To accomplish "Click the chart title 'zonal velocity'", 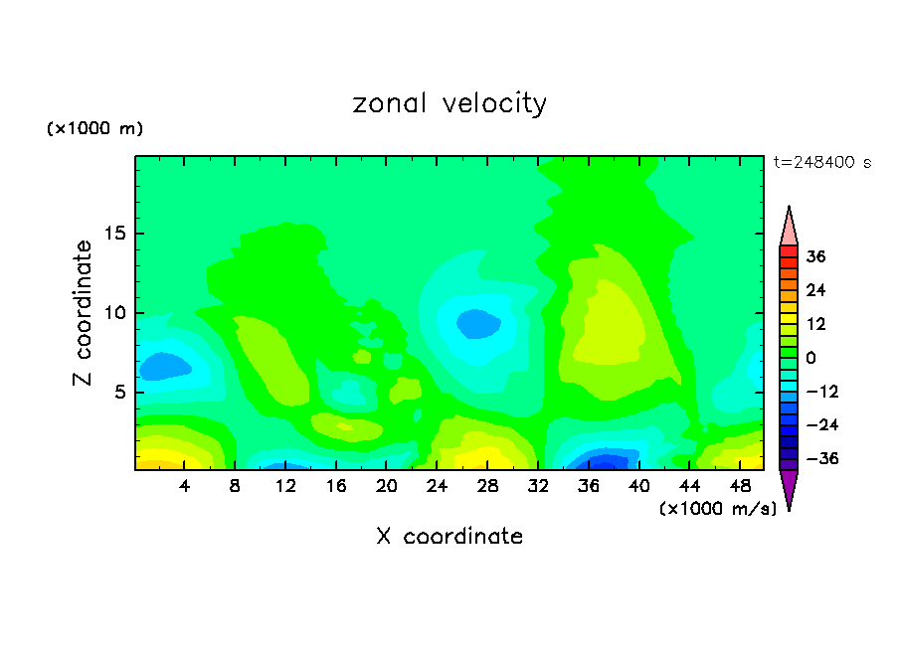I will (449, 103).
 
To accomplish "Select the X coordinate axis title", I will (449, 537).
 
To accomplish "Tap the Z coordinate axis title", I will (83, 313).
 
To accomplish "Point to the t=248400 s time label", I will (821, 162).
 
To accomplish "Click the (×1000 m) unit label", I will (95, 129).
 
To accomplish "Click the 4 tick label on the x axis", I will (185, 486).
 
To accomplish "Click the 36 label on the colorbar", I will (816, 256).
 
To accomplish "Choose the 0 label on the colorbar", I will (810, 358).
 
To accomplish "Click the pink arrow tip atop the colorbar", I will (789, 226).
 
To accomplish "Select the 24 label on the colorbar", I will (816, 290).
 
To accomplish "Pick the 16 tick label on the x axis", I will (336, 486).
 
